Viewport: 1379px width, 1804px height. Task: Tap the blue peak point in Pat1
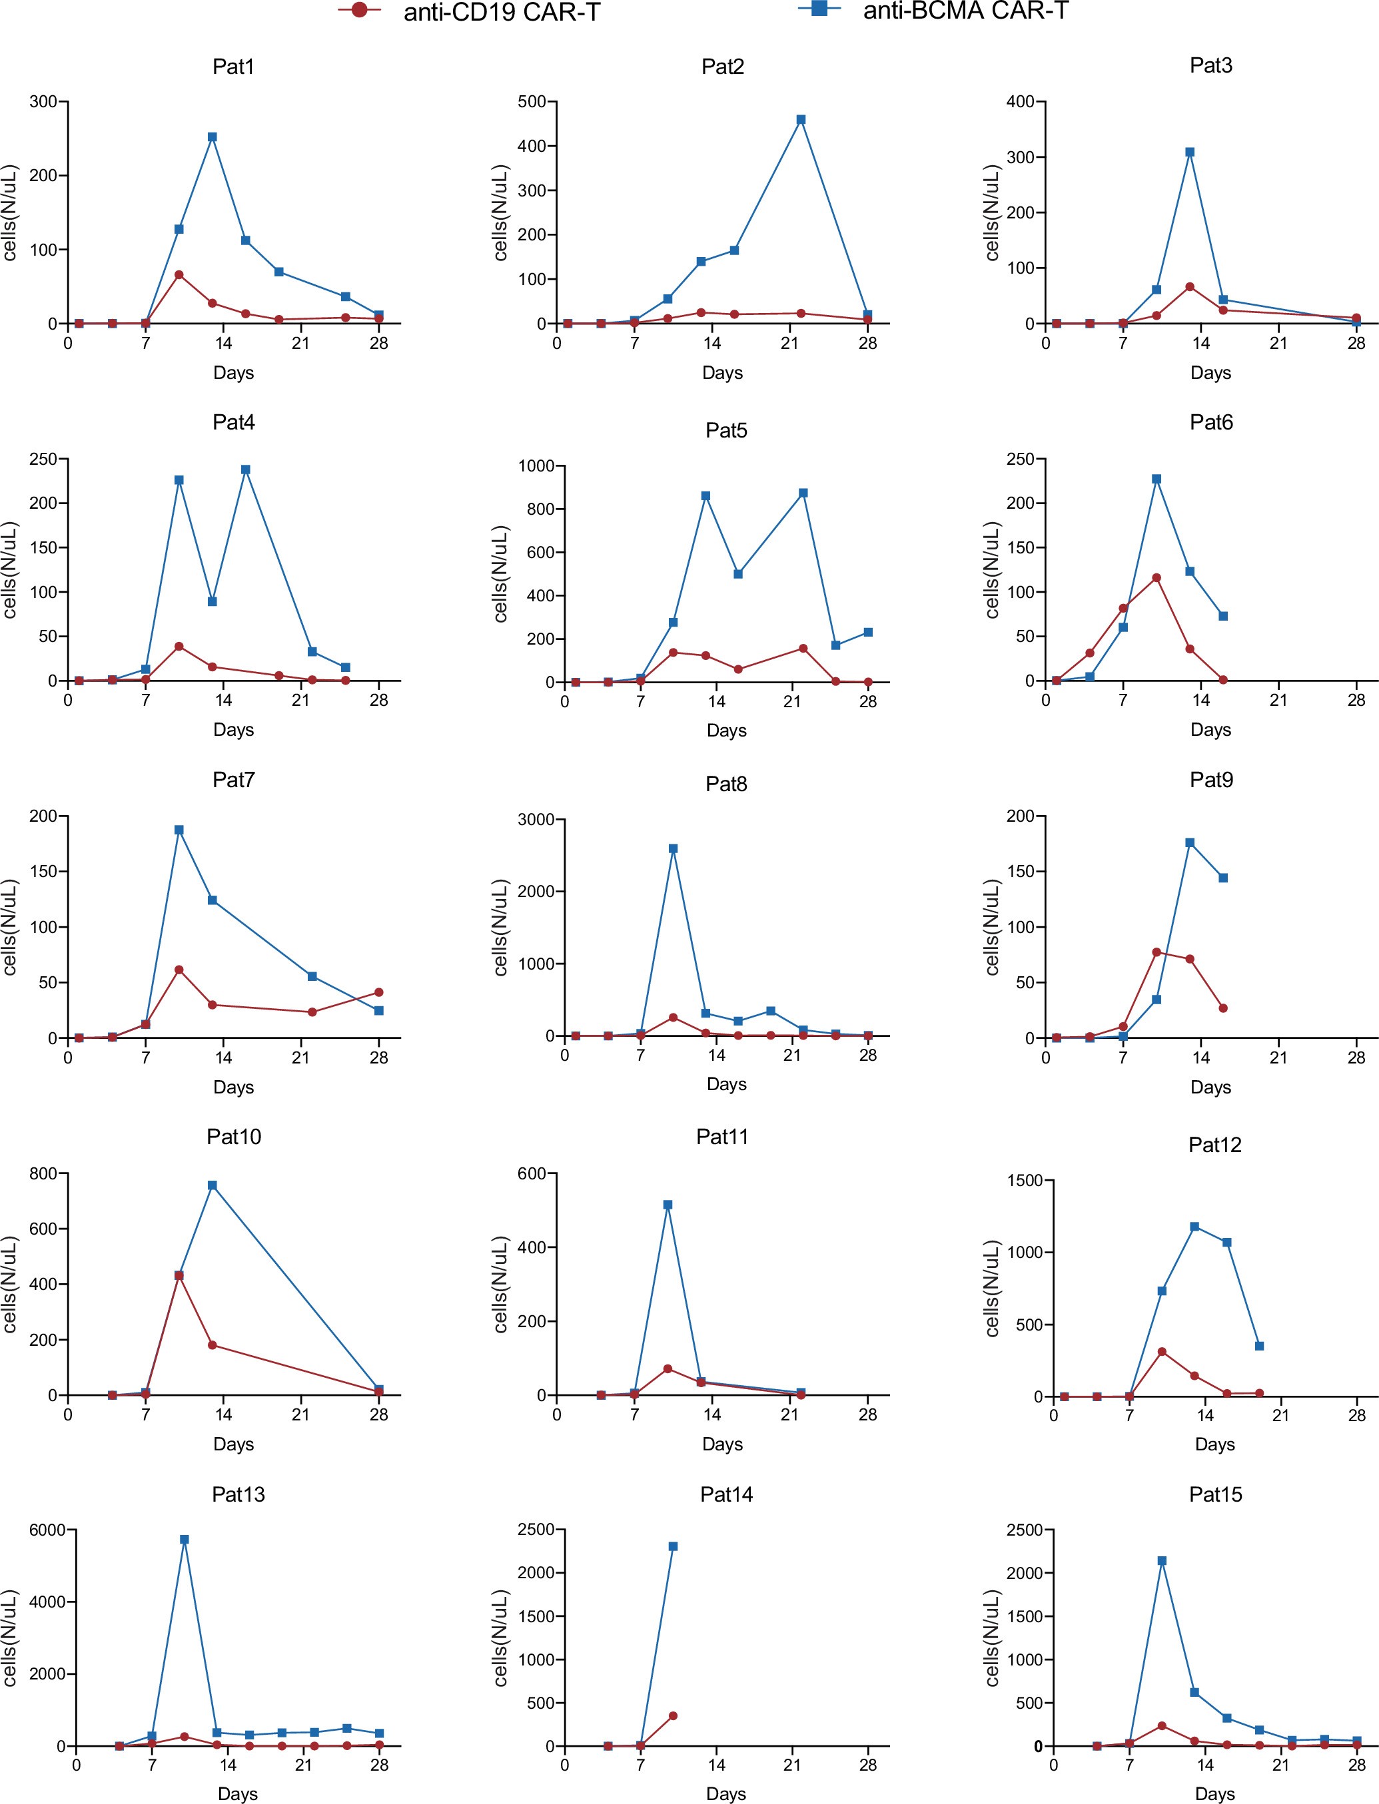[213, 137]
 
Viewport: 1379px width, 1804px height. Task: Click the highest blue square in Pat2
[801, 120]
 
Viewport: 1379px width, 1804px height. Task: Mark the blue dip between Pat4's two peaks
[213, 601]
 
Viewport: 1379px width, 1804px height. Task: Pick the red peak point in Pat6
[1156, 577]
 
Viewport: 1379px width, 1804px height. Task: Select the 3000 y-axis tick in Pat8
[534, 820]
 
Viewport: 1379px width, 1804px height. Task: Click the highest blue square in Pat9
[1189, 842]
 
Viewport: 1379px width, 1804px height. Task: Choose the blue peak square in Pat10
[213, 1185]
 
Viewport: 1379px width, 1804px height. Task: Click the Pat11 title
[722, 1137]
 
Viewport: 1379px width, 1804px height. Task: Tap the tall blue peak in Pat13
[185, 1540]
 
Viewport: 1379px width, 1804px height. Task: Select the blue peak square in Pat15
[1161, 1561]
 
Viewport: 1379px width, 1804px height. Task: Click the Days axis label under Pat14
[725, 1793]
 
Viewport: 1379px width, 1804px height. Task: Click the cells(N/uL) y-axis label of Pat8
[502, 927]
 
